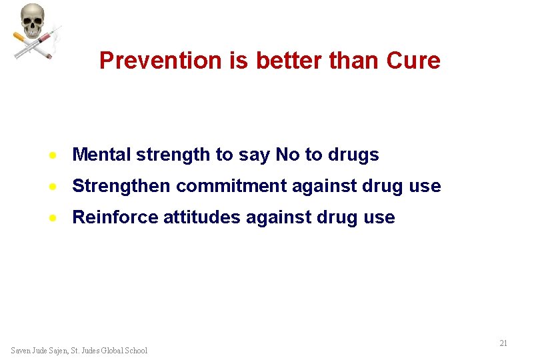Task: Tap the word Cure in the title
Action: [413, 61]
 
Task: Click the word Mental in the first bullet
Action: [101, 155]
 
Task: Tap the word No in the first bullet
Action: [287, 155]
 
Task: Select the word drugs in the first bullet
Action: [353, 155]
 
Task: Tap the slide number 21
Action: [503, 343]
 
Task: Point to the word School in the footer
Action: [135, 351]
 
